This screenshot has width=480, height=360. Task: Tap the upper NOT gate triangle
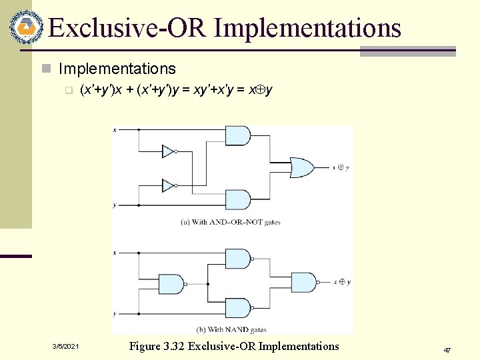[x=168, y=151]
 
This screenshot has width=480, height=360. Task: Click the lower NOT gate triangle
[x=168, y=185]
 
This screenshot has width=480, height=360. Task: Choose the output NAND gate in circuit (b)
[x=304, y=282]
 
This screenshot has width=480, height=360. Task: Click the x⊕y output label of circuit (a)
[x=341, y=167]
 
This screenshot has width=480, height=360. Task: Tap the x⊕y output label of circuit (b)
[x=341, y=282]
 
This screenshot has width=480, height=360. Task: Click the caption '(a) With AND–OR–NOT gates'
[x=231, y=222]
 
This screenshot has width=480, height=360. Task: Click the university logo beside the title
[x=25, y=26]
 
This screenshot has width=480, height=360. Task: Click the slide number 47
[x=447, y=350]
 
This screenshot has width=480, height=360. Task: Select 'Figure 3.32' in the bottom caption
[x=157, y=346]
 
